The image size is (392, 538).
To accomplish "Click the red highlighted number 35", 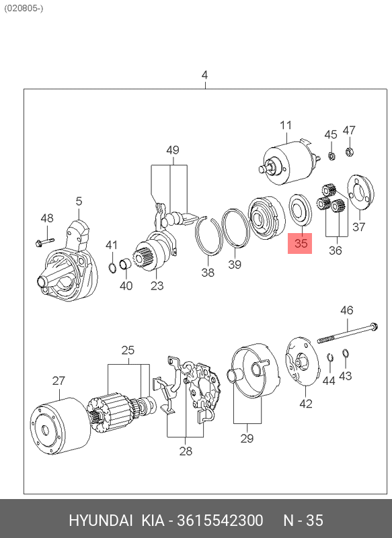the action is (301, 243).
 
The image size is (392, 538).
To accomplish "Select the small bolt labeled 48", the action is (44, 242).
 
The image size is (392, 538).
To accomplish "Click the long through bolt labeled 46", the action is (347, 333).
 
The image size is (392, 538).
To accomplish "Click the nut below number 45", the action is (331, 156).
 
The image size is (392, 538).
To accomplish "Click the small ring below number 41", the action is (112, 267).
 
